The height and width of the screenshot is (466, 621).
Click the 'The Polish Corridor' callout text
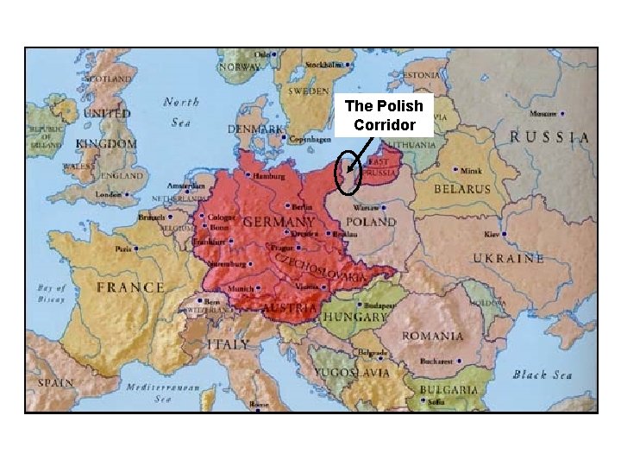pos(384,116)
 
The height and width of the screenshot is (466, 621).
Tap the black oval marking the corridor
pos(347,173)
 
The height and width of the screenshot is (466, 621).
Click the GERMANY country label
pos(279,222)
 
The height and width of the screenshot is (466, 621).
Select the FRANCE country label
pos(130,287)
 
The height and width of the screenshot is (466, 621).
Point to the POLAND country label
pos(371,222)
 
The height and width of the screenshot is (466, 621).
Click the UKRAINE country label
pos(508,257)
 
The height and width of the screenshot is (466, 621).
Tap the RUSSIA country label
pos(550,137)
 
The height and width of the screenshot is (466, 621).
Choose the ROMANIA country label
pos(432,336)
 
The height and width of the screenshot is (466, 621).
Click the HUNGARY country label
pos(354,317)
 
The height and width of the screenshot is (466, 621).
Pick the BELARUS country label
pos(461,188)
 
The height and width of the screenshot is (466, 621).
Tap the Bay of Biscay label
pos(52,293)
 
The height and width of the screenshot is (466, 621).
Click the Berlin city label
pos(302,207)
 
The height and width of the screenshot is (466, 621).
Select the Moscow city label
pos(543,113)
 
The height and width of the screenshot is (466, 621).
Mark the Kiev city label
pos(491,234)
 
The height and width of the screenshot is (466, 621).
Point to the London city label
pos(110,194)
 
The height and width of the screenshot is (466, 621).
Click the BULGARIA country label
pos(450,390)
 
